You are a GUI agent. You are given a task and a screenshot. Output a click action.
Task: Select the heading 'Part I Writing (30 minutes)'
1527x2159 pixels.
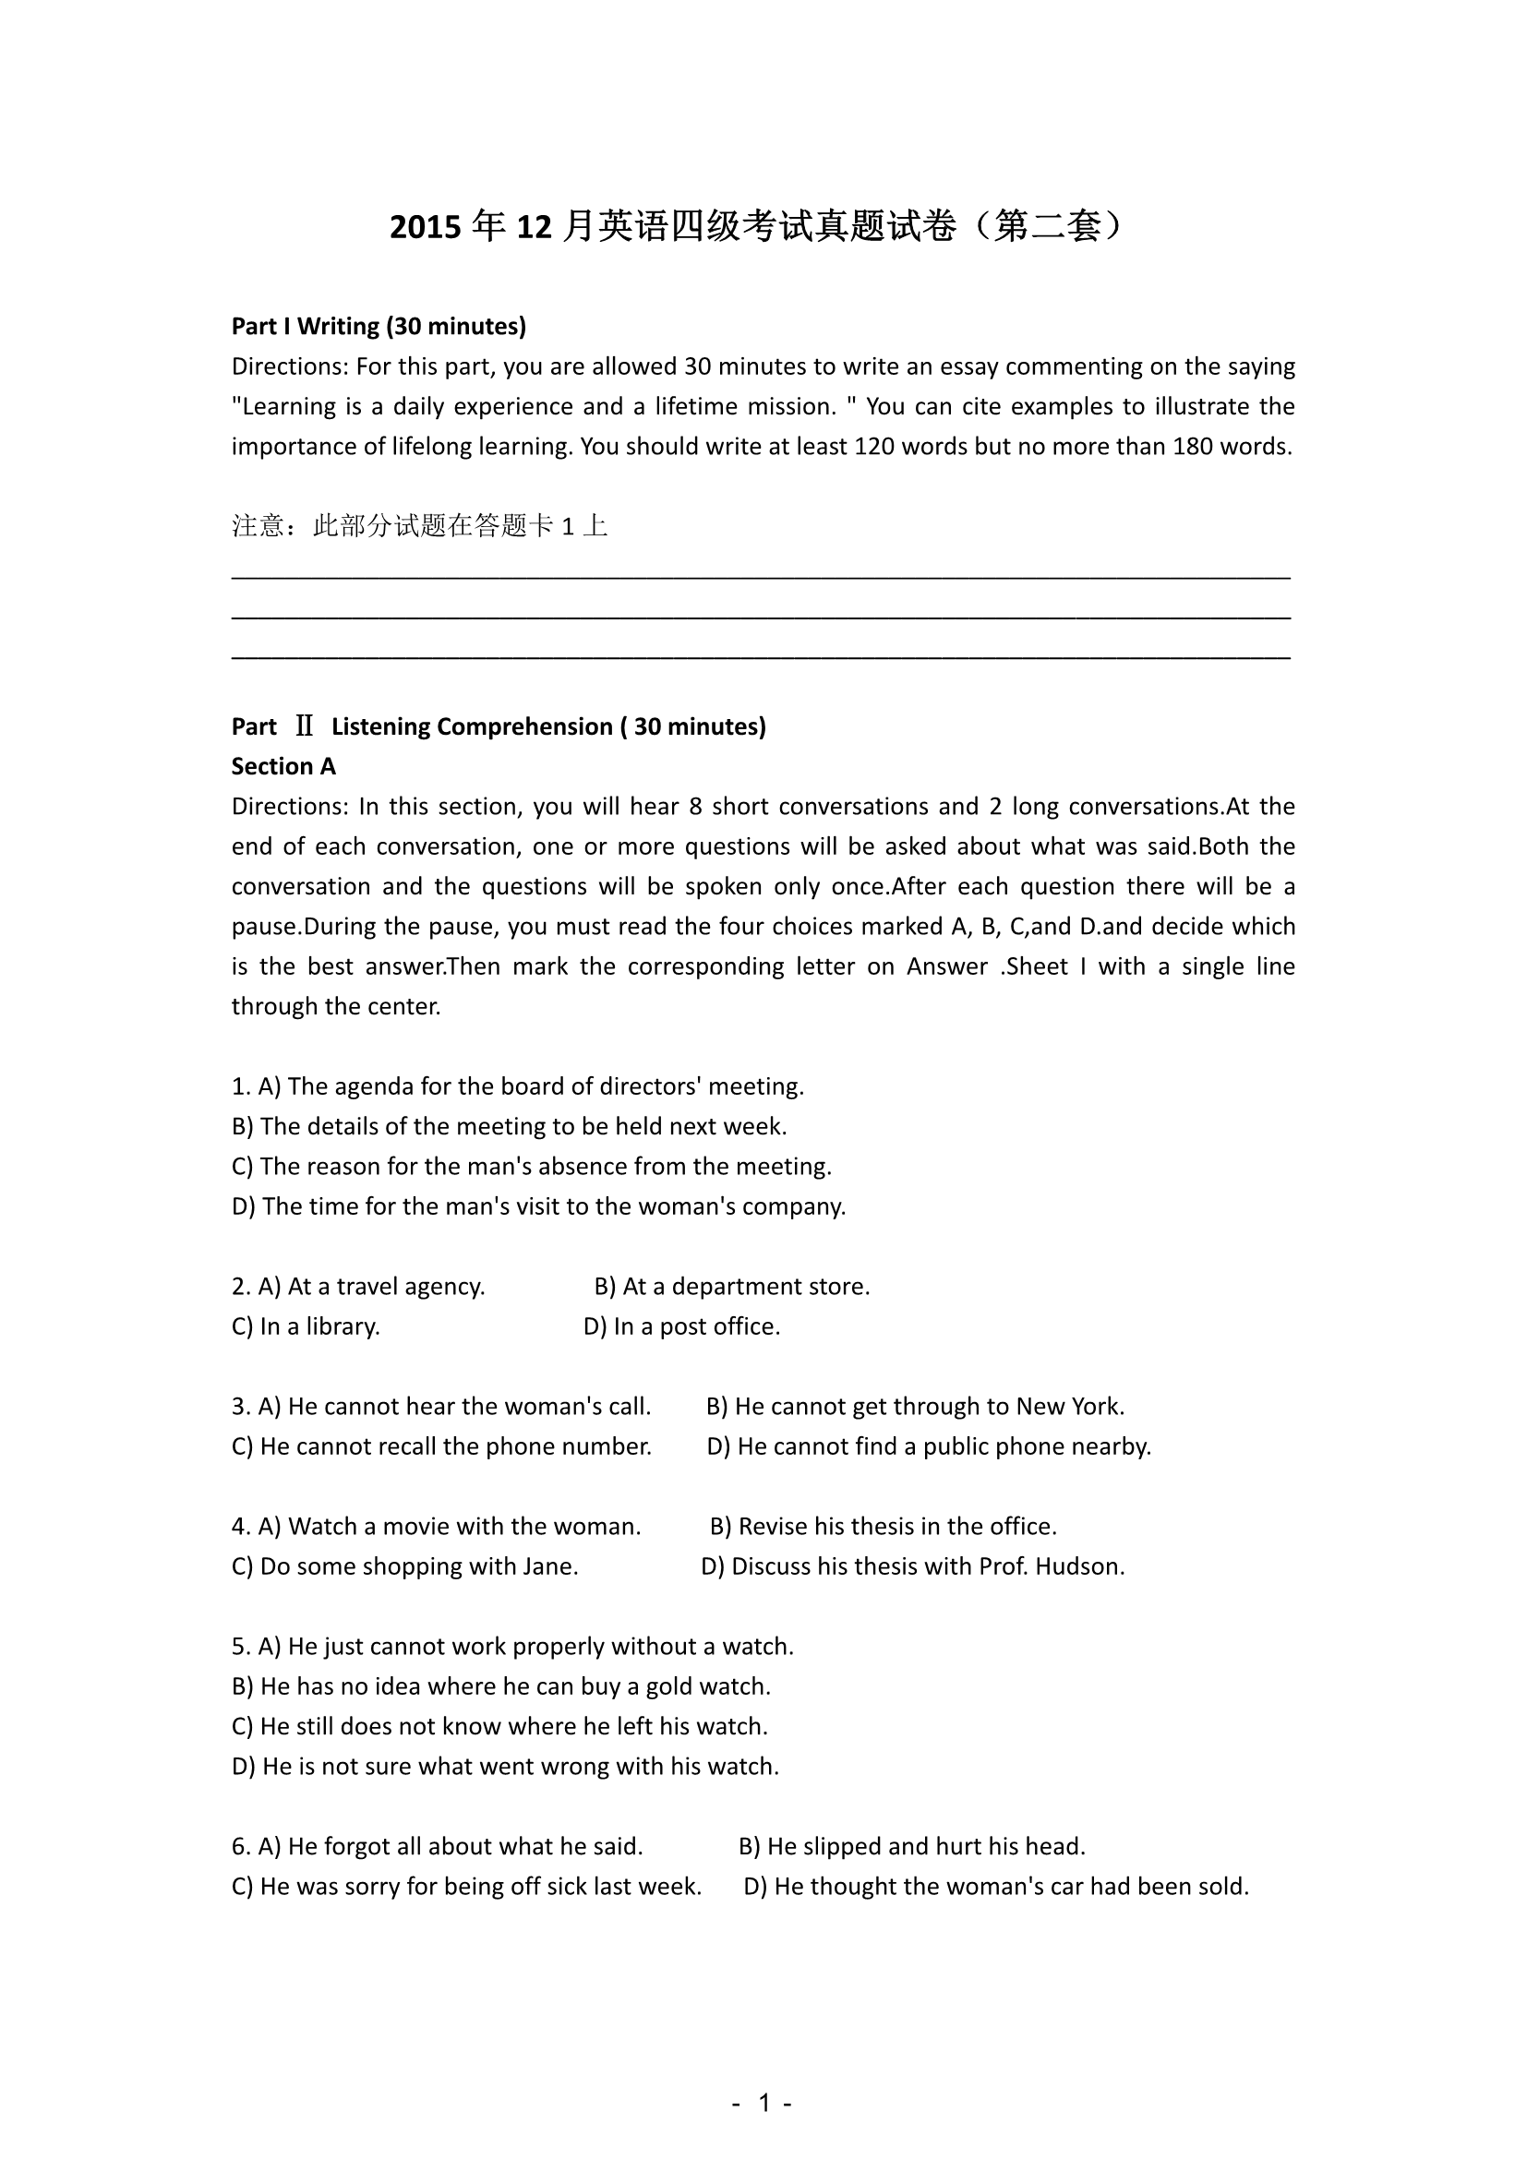[378, 326]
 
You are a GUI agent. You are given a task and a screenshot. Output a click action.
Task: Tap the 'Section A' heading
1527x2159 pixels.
[283, 766]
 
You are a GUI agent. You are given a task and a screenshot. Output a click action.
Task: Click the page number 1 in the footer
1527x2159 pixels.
[763, 2102]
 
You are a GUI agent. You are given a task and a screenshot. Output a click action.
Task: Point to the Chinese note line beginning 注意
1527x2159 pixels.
[419, 525]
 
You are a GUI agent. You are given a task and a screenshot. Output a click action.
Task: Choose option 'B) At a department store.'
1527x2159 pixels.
[731, 1287]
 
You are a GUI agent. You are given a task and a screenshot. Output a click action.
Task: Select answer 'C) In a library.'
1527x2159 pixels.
[306, 1325]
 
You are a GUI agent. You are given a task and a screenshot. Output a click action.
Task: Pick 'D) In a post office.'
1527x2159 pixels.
[681, 1325]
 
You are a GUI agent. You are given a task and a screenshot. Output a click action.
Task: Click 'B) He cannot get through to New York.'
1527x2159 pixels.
[915, 1406]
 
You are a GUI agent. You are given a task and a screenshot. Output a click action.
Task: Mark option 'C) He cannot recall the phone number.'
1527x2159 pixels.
[441, 1446]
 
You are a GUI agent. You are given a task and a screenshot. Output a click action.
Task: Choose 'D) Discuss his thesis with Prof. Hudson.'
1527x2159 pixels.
[912, 1565]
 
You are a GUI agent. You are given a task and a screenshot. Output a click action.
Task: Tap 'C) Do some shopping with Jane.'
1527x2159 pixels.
[404, 1565]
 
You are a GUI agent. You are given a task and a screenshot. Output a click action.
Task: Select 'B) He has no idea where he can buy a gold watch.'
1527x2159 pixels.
[500, 1686]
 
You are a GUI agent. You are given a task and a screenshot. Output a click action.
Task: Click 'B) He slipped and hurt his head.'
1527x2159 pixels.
[911, 1846]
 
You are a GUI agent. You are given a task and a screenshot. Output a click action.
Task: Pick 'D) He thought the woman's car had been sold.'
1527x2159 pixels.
[996, 1887]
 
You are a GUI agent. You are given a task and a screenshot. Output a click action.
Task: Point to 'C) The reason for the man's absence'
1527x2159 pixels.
[531, 1166]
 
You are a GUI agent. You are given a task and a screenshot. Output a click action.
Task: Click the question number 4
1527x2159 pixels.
[240, 1526]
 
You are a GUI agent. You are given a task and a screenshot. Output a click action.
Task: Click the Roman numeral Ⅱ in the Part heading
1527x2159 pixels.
[304, 726]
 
